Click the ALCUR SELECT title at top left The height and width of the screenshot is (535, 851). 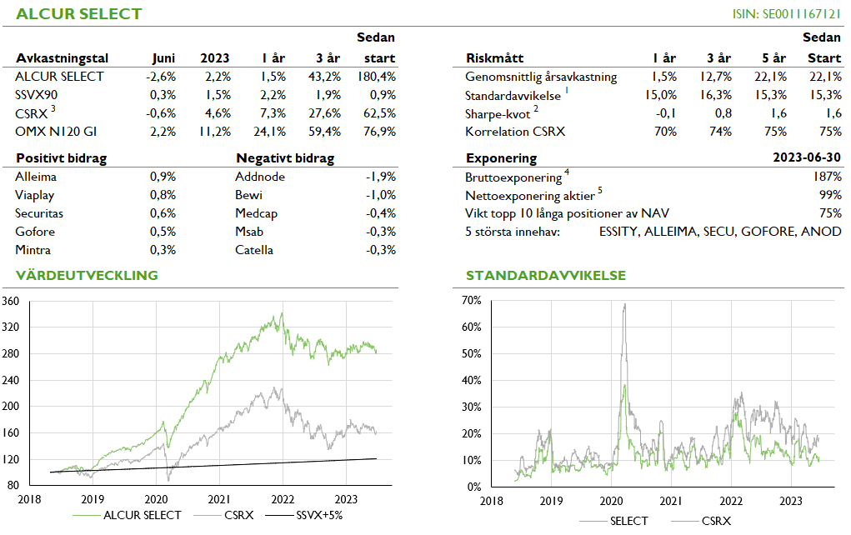(x=79, y=14)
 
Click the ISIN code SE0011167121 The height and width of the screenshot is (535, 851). (x=787, y=14)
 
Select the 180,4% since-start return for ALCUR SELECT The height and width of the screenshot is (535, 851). (x=378, y=77)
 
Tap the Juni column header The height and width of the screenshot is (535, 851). (x=163, y=58)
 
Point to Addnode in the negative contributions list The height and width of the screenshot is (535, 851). (x=260, y=177)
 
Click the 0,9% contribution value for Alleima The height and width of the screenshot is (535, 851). (x=163, y=177)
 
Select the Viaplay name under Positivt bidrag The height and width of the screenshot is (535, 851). (x=35, y=195)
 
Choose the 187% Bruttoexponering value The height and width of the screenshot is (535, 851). (x=828, y=177)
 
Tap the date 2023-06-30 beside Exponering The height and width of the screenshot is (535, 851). (x=807, y=158)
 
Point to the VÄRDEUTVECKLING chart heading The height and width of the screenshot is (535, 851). (x=87, y=275)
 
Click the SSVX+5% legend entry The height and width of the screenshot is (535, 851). (x=319, y=515)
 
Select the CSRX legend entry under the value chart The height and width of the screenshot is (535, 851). (x=239, y=515)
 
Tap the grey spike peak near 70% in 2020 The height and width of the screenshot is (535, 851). (x=624, y=305)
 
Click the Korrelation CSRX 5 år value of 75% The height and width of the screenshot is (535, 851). (x=773, y=132)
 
